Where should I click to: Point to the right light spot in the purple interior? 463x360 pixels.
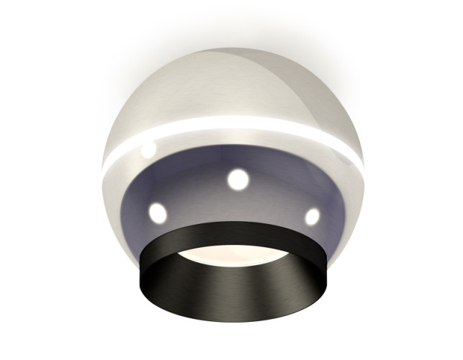[x=312, y=215]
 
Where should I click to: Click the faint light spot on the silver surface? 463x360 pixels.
[x=148, y=150]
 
